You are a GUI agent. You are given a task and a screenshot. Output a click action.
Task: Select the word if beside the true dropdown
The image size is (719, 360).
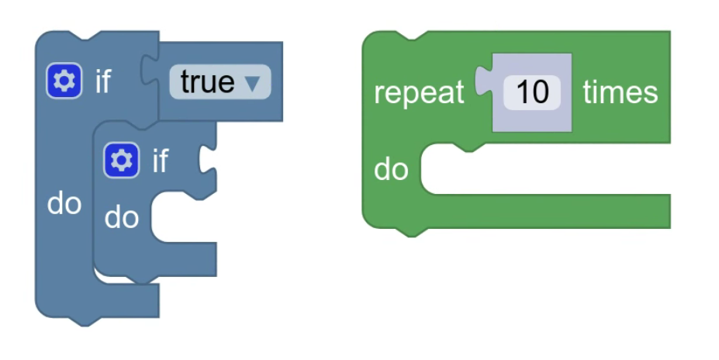coord(103,81)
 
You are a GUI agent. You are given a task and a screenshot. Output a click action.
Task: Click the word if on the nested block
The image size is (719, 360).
coord(161,161)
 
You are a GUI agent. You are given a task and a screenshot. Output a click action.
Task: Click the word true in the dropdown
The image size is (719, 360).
coord(207,81)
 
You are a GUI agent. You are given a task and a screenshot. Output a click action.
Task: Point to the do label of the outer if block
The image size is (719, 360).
coord(64,203)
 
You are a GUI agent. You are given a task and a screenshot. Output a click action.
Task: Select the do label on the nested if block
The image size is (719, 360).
coord(122,217)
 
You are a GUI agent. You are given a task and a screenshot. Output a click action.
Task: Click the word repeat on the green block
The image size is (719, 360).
coord(419,92)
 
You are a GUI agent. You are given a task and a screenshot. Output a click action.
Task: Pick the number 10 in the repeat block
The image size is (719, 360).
coord(532,92)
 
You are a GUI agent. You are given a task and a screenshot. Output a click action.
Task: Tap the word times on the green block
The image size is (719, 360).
coord(620,92)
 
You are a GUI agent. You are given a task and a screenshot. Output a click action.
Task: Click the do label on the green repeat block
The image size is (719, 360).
coord(391,168)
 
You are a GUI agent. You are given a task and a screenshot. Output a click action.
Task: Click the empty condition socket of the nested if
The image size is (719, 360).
coord(208,160)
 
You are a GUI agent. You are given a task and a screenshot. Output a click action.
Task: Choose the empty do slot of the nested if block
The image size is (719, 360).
coord(184,219)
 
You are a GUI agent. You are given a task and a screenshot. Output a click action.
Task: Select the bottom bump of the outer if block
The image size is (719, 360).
coord(83,320)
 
